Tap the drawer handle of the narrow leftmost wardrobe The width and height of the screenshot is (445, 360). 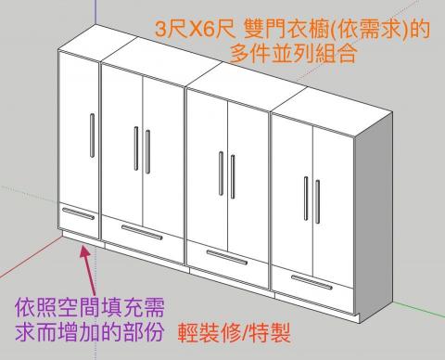tap(78, 214)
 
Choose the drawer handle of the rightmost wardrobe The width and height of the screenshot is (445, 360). tap(314, 280)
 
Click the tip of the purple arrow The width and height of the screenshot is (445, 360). tap(87, 245)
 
